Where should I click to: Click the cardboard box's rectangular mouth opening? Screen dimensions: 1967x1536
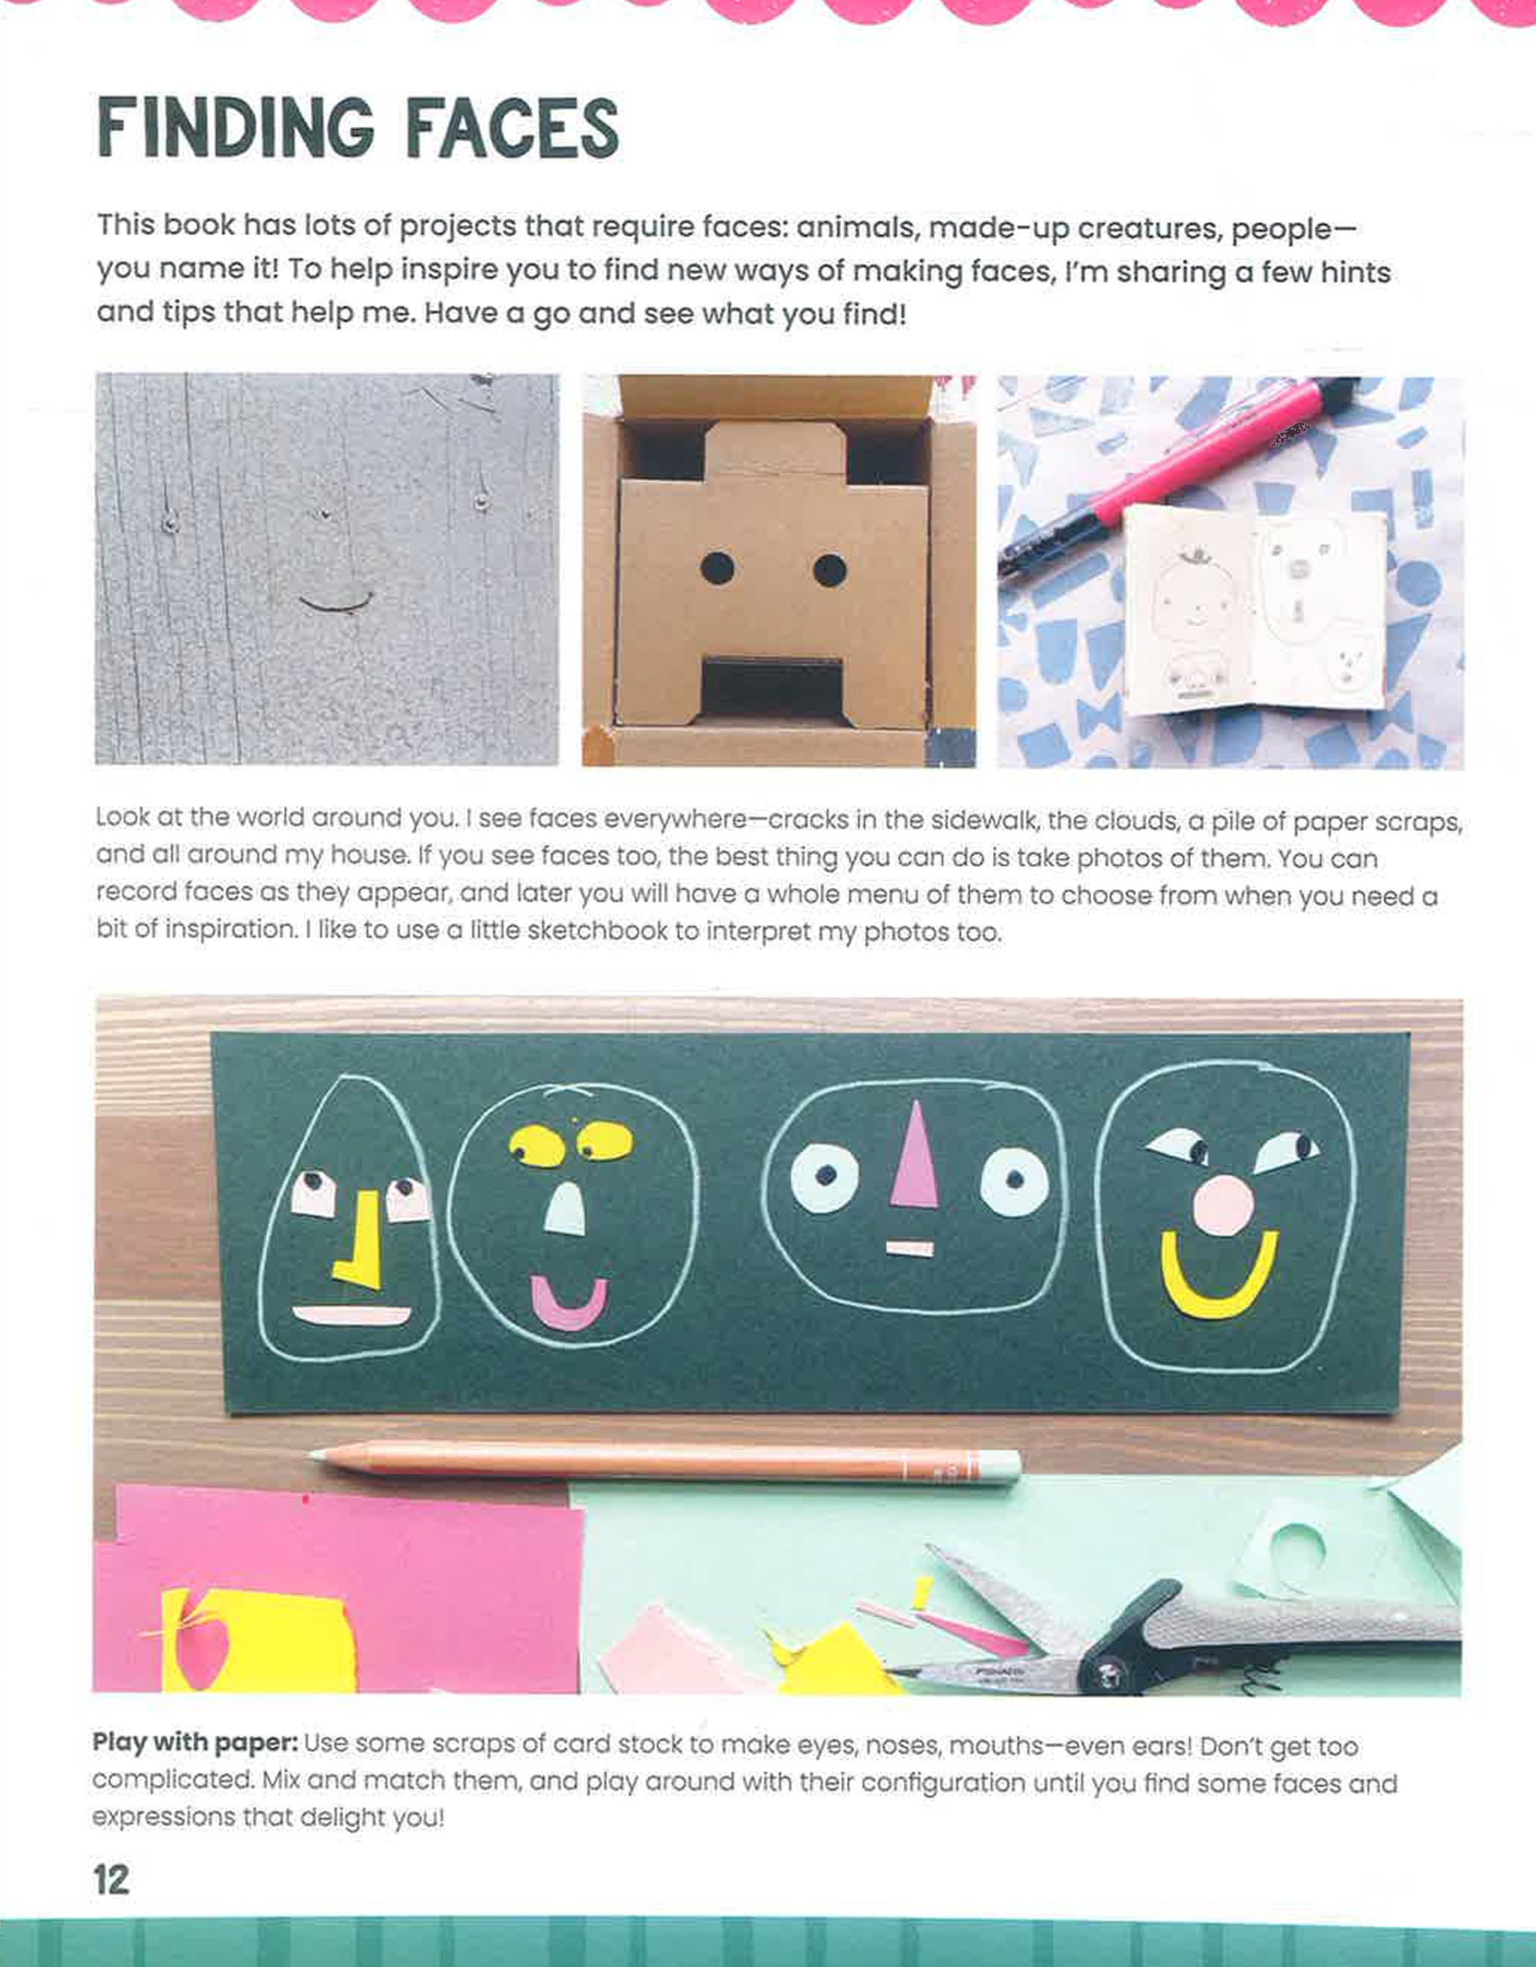click(x=772, y=688)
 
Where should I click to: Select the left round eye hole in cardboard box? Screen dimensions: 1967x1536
click(x=717, y=569)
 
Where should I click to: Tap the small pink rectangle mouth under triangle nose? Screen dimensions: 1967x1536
click(x=910, y=1248)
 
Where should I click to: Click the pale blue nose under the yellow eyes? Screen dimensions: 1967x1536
click(x=565, y=1210)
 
